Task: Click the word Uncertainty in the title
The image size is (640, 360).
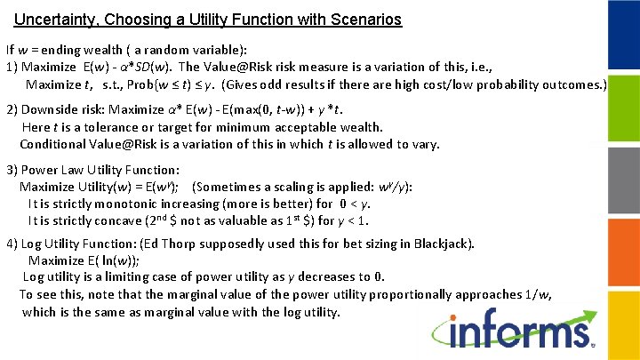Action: [x=54, y=19]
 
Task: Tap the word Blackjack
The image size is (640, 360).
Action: [x=445, y=243]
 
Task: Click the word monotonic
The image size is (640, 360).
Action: [x=124, y=204]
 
